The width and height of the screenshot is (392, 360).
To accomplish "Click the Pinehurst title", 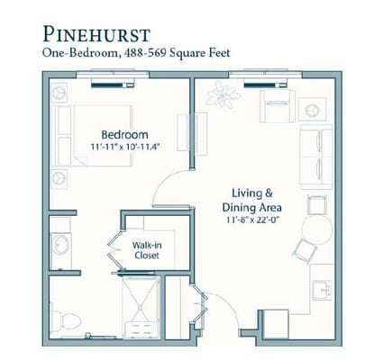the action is [96, 34].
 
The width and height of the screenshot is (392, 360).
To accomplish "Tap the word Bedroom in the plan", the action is [124, 134].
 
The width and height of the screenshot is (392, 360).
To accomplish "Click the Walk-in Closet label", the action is [147, 250].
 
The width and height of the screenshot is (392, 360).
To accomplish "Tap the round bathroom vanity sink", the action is [60, 245].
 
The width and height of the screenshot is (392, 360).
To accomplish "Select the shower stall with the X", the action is [141, 307].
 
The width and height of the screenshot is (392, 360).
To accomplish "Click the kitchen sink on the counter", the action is [322, 290].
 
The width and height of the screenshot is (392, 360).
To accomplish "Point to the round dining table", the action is [317, 229].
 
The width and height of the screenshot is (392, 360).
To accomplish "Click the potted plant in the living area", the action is [223, 94].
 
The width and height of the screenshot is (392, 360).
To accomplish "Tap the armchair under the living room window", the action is [278, 106].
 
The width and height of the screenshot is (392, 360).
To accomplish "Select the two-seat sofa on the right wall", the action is [316, 157].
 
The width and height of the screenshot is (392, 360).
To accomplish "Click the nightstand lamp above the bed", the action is [59, 93].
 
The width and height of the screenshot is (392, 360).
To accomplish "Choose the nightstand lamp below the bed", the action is [59, 179].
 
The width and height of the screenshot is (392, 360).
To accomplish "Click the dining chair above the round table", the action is [317, 204].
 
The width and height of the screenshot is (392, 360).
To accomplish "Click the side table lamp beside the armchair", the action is [313, 109].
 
